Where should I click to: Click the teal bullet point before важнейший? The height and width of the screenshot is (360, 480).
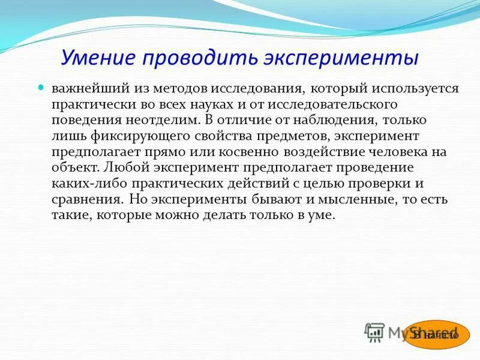(x=41, y=88)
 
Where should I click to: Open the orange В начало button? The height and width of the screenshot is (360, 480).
(x=436, y=335)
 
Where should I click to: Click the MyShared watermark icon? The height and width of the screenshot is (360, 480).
(x=375, y=332)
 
